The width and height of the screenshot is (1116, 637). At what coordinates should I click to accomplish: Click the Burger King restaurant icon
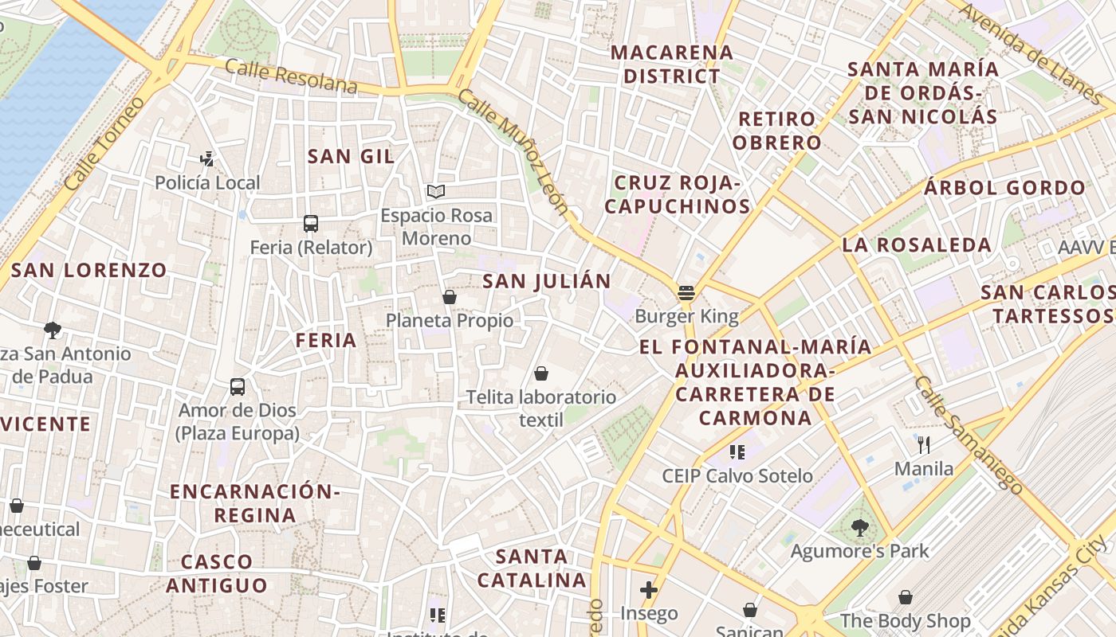pos(686,292)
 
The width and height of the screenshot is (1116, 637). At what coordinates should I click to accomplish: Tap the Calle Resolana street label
pos(290,76)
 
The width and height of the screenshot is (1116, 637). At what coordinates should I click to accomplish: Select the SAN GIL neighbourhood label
pos(352,156)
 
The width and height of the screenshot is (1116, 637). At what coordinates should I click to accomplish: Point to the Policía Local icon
pos(207,159)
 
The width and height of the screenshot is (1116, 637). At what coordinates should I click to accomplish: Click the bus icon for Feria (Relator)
pos(311,224)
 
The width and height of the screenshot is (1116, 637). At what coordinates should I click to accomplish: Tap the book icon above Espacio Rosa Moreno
pos(435,191)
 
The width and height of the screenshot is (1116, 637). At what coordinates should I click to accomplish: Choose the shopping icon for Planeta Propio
pos(450,297)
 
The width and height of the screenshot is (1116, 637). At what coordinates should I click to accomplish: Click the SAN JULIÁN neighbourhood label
pos(547,280)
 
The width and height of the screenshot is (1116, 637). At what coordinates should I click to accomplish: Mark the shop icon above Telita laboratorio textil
pos(541,373)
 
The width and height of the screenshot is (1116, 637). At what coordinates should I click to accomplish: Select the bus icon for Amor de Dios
pos(238,387)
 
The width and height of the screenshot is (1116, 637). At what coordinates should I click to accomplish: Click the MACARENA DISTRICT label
pos(671,64)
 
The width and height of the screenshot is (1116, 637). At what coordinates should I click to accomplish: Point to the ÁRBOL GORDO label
pos(1004,188)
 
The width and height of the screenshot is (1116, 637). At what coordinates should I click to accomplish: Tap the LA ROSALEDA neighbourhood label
pos(917,244)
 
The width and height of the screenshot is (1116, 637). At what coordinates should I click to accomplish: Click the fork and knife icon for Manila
pos(924,444)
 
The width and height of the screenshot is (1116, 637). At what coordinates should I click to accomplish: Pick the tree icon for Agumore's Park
pos(859,527)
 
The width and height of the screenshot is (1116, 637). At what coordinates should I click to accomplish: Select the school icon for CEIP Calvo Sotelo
pos(737,452)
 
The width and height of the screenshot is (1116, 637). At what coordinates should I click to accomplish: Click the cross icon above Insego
pos(649,590)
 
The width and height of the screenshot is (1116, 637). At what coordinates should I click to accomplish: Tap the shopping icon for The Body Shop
pos(906,597)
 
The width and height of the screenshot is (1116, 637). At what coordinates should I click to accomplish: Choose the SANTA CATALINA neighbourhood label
pos(532,568)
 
